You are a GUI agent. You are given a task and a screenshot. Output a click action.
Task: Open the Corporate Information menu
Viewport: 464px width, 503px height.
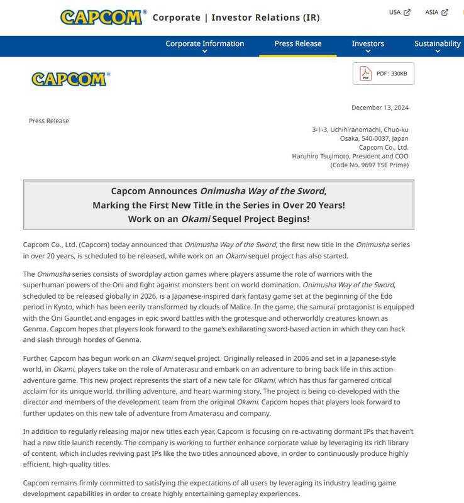[204, 43]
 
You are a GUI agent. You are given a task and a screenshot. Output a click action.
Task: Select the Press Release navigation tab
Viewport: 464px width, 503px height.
[297, 43]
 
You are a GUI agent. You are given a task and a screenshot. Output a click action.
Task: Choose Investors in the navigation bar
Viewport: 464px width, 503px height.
[368, 43]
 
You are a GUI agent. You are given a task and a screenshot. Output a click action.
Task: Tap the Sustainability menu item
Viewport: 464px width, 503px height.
[437, 43]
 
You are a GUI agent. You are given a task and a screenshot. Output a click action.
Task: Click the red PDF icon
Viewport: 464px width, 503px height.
[365, 74]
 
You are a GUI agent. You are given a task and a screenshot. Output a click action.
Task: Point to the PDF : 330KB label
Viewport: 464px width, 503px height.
[392, 74]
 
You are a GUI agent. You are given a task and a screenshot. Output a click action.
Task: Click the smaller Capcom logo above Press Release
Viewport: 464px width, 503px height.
[70, 79]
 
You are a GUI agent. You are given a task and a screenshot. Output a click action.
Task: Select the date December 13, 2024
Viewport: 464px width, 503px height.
[380, 108]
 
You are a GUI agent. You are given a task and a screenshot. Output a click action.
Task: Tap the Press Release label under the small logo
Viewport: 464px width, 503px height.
[49, 121]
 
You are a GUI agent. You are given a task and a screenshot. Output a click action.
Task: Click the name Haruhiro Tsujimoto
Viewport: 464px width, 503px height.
[320, 156]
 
